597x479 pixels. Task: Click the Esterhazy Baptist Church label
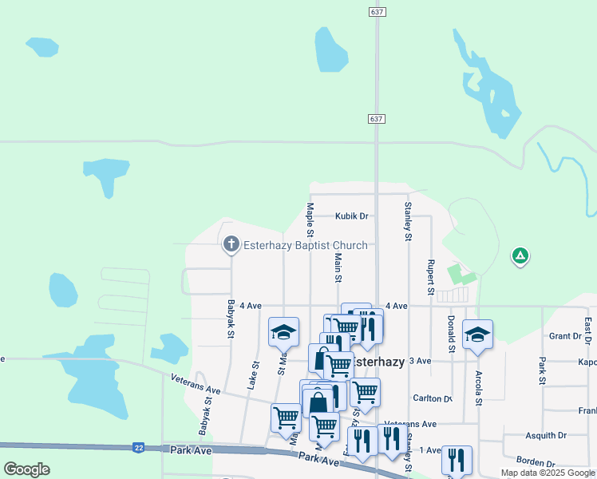pos(305,245)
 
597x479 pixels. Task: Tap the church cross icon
pos(231,244)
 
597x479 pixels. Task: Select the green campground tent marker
pos(520,256)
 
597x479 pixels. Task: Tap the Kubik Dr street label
pos(351,216)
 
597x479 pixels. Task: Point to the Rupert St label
pos(430,277)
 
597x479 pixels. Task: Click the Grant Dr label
pos(564,336)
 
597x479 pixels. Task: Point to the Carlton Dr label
pos(432,398)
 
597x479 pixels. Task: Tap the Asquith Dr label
pos(546,436)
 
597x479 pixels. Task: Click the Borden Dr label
pos(535,462)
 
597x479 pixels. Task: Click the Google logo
pos(26,469)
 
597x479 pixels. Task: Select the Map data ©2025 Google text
pos(548,473)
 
